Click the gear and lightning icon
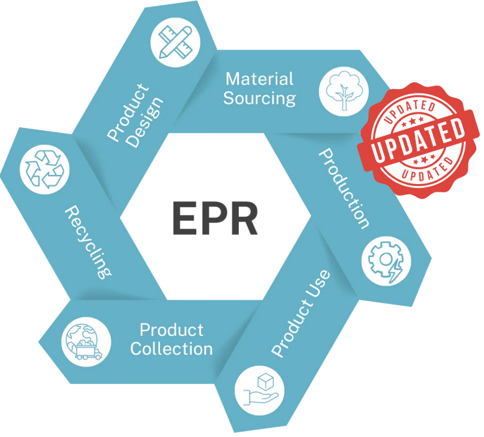[x=385, y=261]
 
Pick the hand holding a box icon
[x=257, y=391]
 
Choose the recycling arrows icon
[x=44, y=170]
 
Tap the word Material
[x=259, y=79]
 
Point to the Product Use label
[x=301, y=313]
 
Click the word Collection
[x=172, y=349]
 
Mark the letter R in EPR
[x=246, y=219]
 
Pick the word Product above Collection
[x=172, y=330]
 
